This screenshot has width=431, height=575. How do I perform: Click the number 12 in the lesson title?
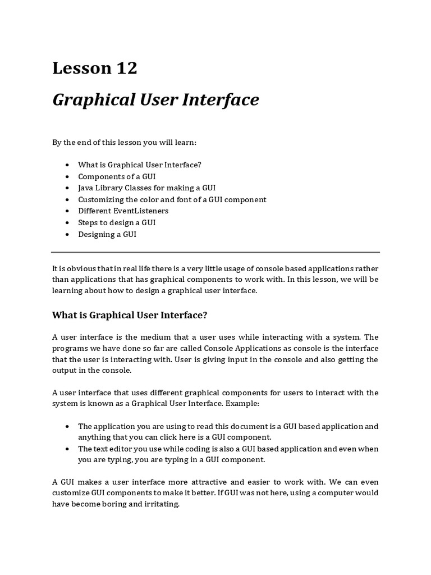coord(125,69)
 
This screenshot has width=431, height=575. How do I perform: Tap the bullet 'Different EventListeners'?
coord(123,211)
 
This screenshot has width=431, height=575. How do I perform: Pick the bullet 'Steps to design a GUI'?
coord(117,222)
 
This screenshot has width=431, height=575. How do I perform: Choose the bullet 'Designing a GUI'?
coord(107,234)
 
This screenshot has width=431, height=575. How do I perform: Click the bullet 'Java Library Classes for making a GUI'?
coord(146,188)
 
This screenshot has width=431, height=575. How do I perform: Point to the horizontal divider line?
coord(215,252)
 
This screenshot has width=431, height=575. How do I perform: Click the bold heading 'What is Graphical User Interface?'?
coord(130,315)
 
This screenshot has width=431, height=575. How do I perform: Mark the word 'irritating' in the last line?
coord(161,504)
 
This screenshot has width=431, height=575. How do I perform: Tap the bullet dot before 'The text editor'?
coord(67,449)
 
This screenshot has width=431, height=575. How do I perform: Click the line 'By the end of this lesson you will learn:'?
coord(124,142)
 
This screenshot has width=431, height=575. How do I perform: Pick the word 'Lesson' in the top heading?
coord(82,69)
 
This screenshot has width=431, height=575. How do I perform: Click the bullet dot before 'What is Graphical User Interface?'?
coord(67,165)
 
